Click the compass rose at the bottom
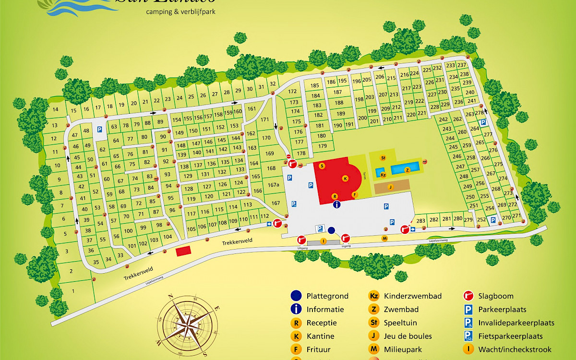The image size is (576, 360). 187,325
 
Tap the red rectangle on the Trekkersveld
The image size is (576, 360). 183,252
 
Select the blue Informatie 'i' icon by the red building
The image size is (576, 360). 337,204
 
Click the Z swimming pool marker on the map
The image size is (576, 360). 408,170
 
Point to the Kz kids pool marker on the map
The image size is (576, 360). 383,175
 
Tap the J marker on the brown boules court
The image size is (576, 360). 390,187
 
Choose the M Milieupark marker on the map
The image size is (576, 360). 384,239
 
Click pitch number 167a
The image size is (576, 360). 274,185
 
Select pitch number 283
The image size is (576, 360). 421,220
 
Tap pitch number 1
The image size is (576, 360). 73,291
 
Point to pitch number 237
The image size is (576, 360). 462,65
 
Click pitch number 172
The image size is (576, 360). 293,91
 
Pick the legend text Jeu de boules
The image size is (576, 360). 408,336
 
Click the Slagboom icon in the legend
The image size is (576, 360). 468,296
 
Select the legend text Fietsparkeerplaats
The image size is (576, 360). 510,336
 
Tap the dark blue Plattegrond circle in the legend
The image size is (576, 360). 296,296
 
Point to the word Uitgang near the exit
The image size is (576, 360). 302,247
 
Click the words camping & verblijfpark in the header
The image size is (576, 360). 180,12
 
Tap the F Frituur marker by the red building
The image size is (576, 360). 355,194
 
